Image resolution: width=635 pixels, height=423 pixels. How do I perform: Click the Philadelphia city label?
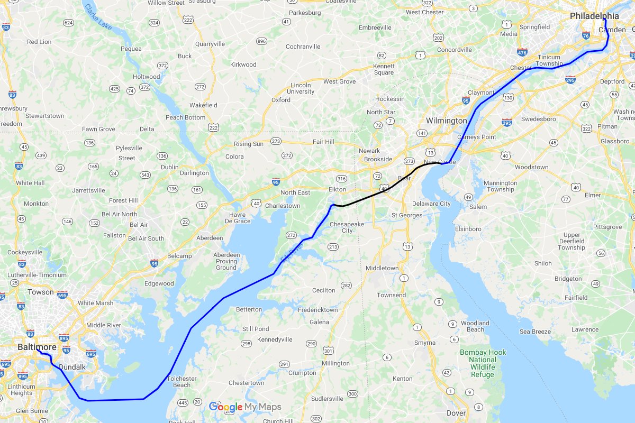point(594,16)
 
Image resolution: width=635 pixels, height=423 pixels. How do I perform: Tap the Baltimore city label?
point(37,347)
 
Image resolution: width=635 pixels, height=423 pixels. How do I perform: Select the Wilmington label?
point(446,121)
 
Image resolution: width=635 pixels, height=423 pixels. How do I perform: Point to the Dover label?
point(456,413)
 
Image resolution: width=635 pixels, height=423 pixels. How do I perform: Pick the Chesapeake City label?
point(347,227)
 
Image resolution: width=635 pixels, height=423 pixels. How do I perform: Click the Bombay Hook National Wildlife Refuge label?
point(483,363)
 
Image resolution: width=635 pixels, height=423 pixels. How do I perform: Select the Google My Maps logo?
point(245,407)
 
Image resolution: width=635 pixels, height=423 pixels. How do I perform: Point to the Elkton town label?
point(337,189)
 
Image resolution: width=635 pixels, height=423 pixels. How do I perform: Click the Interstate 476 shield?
point(522,52)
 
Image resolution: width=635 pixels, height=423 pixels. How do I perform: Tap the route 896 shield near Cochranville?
point(261,41)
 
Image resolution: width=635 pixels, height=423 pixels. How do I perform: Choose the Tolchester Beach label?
point(182,382)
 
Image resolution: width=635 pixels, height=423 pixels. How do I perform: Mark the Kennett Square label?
point(384,69)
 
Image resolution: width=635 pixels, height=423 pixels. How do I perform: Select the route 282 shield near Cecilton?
point(346,286)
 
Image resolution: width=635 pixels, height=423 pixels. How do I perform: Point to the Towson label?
point(41,292)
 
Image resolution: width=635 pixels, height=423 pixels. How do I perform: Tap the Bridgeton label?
point(568,279)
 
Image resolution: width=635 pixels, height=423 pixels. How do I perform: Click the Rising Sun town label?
point(248,144)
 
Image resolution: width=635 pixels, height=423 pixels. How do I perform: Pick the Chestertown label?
point(246,383)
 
